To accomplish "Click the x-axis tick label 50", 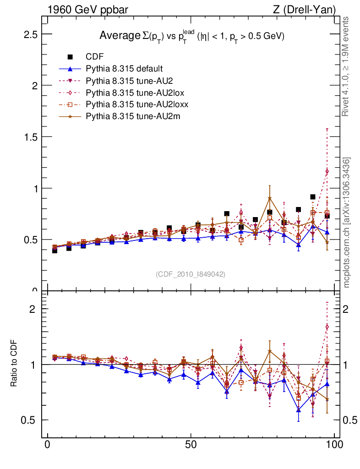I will [191, 445].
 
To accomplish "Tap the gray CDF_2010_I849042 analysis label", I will [191, 274].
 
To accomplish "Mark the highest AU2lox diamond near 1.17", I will [327, 171].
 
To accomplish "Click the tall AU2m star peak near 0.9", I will [270, 198].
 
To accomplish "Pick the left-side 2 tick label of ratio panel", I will [32, 309].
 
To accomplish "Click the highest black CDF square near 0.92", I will [313, 197].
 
